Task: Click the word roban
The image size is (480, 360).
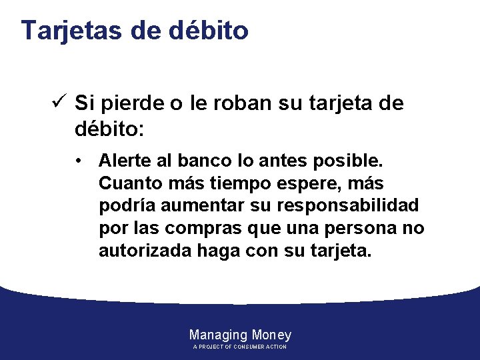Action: pyautogui.click(x=233, y=104)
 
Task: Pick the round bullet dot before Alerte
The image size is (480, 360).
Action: pyautogui.click(x=79, y=161)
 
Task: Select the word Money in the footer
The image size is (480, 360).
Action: pyautogui.click(x=272, y=335)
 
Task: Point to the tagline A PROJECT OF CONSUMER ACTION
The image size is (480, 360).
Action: pyautogui.click(x=240, y=347)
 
